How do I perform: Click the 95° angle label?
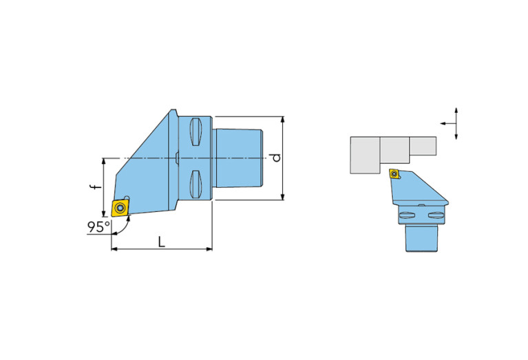[98, 226]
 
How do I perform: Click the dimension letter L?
[162, 242]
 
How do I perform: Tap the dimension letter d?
[276, 158]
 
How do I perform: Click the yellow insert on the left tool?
[120, 208]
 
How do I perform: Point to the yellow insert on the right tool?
[394, 173]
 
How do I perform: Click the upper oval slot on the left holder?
[196, 131]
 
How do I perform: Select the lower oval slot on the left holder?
[196, 184]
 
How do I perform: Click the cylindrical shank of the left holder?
[238, 158]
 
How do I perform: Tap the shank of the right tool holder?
[421, 238]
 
